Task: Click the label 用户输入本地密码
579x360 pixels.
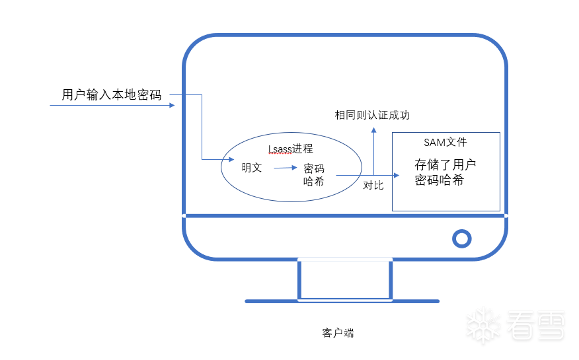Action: [112, 95]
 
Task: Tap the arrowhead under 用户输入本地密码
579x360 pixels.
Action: [172, 105]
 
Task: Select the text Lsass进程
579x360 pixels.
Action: [291, 149]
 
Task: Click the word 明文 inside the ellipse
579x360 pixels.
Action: [252, 168]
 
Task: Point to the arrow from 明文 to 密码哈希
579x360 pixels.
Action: [286, 168]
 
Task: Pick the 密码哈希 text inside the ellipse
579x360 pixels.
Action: [314, 175]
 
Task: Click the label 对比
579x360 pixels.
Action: [373, 185]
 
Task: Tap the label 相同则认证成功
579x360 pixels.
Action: [372, 115]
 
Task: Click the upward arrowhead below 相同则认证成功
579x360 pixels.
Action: [373, 130]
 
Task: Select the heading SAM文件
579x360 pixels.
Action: [445, 142]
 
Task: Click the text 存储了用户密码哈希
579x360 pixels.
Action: [445, 172]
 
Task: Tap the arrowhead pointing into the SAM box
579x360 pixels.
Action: [397, 175]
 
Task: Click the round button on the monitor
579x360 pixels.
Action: [461, 238]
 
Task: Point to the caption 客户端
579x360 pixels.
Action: [338, 333]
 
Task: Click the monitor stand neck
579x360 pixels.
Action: [345, 279]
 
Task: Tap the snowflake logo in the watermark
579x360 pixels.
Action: [483, 325]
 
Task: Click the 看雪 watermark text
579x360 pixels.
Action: [535, 325]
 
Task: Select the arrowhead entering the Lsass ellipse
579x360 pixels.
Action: [231, 159]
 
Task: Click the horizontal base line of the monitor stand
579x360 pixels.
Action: [342, 301]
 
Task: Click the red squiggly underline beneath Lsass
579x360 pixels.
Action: [280, 154]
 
